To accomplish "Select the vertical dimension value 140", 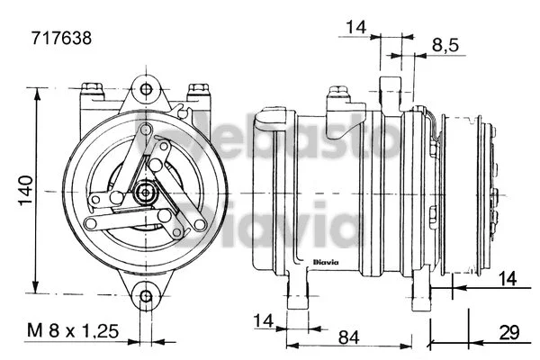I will click(26, 186).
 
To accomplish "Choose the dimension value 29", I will click(510, 332).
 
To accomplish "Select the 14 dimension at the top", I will click(355, 28).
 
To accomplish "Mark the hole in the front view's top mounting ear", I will click(144, 89).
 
